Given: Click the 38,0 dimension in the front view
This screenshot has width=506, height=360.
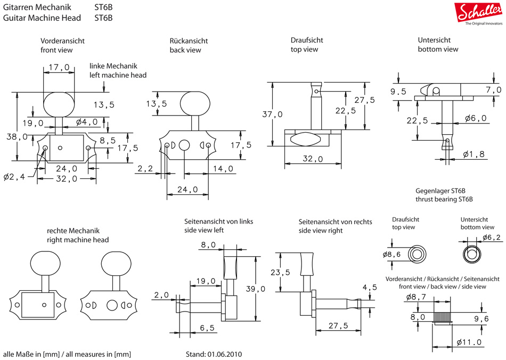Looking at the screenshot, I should point(18,136).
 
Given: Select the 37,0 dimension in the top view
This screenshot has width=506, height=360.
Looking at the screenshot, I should point(272,114).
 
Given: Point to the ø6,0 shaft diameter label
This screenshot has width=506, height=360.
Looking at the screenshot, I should point(476,118).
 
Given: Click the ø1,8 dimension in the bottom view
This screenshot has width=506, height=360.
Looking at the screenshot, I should point(475,154).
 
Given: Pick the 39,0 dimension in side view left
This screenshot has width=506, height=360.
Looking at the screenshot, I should point(256,289).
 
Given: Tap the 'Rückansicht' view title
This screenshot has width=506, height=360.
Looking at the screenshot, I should point(189,41).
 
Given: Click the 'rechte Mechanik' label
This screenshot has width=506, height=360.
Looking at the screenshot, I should point(74,231).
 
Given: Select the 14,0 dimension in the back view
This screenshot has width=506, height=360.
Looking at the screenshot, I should point(223,169).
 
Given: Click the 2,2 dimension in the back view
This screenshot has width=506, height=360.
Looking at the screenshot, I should point(145,169).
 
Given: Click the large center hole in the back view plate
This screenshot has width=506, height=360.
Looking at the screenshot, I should point(184,145).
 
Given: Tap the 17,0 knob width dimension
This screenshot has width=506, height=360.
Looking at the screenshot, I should point(59,68).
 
